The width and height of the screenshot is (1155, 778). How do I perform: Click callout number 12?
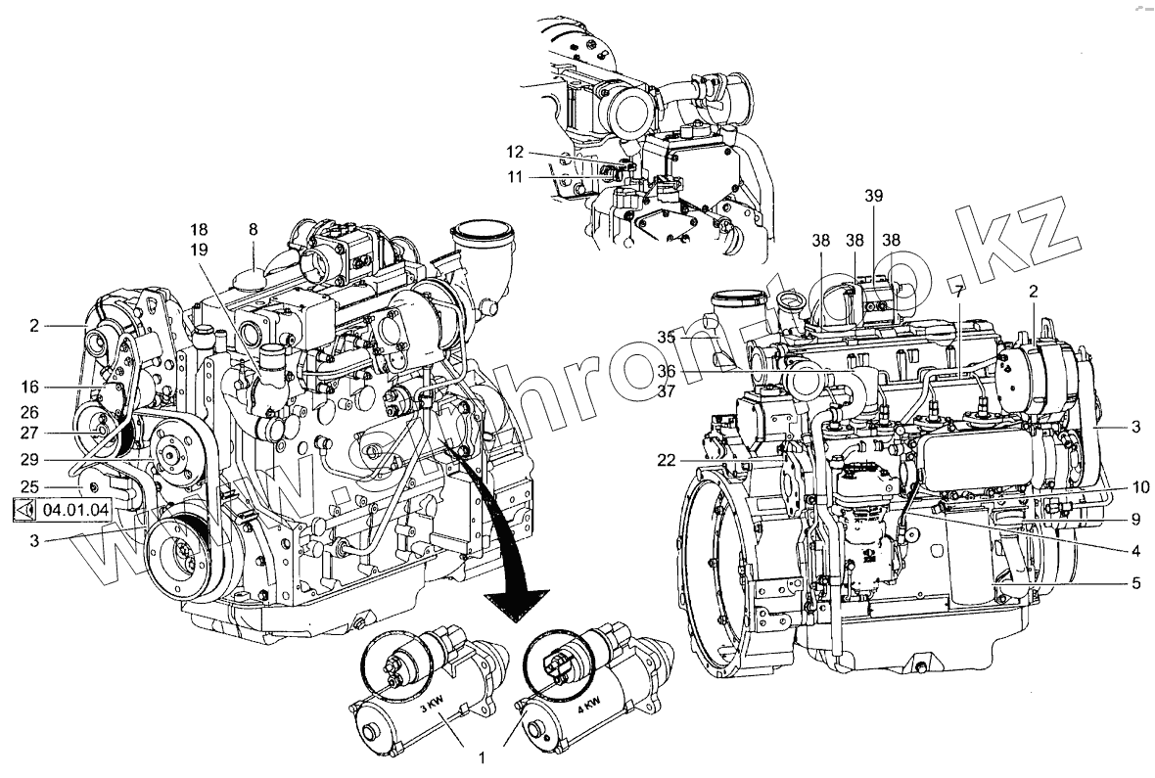tap(516, 152)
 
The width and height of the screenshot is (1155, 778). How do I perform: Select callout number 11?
tap(516, 177)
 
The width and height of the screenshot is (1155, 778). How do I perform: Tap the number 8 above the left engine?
tap(253, 229)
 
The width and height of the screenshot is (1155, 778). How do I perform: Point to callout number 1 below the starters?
tap(483, 756)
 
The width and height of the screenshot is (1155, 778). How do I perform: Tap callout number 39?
tap(874, 196)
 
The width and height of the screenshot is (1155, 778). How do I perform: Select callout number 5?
tap(1135, 583)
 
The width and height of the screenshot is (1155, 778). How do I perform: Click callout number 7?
tap(960, 291)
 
